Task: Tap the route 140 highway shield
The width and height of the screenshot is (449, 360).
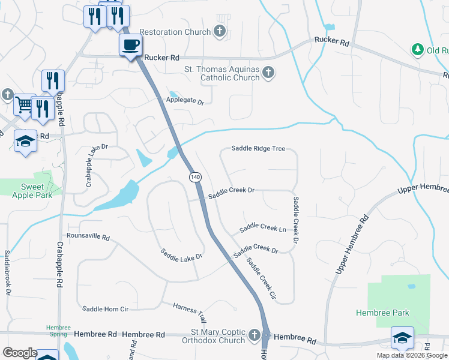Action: pos(196,177)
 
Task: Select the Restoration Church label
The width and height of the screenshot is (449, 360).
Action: pos(175,32)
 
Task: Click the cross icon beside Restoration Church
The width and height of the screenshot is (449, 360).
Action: pos(220,31)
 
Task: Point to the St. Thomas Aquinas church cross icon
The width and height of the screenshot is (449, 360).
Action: pos(268,73)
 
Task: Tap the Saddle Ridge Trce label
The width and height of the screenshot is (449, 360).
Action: pos(258,149)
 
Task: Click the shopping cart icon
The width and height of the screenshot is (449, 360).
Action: pos(24,104)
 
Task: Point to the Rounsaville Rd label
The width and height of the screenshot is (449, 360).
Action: pos(88,238)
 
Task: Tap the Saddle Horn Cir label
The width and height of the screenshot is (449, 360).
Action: pos(106,309)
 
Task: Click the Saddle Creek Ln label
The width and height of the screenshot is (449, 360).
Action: pos(262,228)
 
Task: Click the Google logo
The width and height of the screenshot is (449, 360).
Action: pos(20,353)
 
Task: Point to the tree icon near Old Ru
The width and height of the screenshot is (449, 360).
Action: pos(417,49)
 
